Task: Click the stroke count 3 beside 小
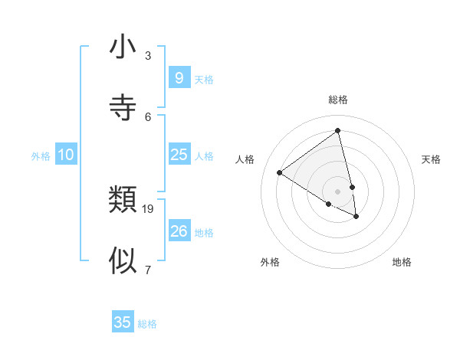[148, 56]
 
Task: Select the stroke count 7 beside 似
[148, 270]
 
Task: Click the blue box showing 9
[179, 78]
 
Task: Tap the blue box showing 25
[179, 155]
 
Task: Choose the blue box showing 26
[179, 231]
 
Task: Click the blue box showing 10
[66, 155]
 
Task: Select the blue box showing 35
[123, 322]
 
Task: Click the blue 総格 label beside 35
[147, 324]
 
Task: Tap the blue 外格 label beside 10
[41, 156]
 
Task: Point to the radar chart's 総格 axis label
[338, 100]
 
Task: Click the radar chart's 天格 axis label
[432, 159]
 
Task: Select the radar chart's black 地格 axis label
[402, 262]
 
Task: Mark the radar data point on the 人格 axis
[279, 172]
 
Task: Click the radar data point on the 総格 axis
[338, 130]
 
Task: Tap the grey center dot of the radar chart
[338, 191]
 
